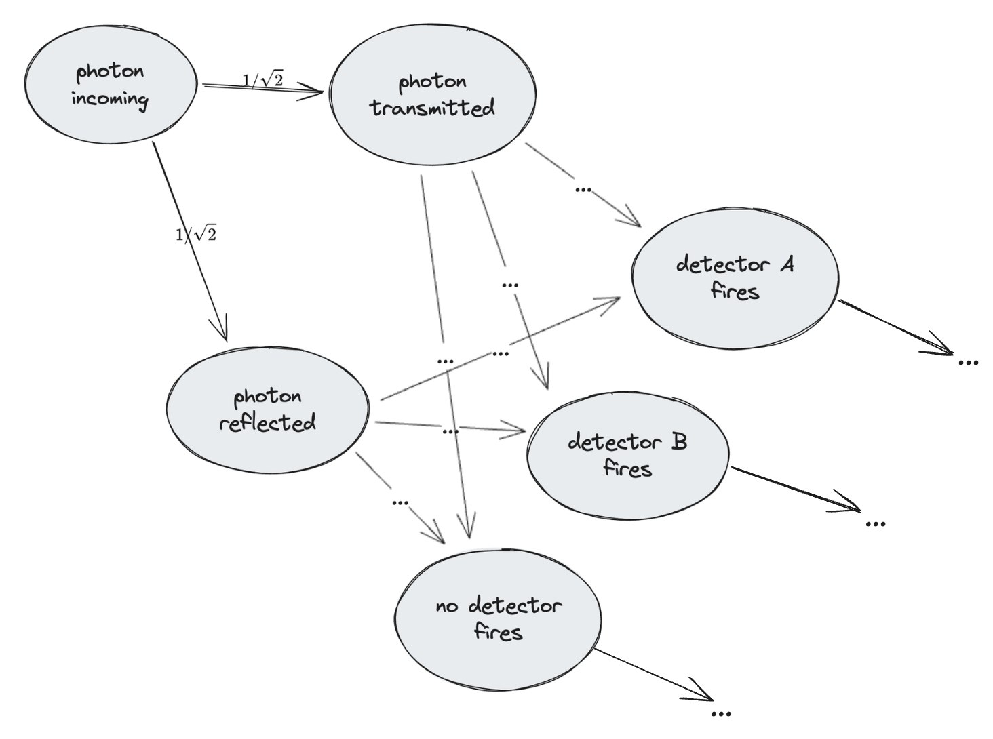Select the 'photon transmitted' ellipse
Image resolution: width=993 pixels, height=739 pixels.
click(432, 95)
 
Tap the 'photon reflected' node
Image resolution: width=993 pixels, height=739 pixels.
click(267, 410)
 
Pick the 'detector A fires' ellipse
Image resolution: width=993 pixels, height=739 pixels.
click(735, 278)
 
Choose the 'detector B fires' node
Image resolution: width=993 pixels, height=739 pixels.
click(627, 454)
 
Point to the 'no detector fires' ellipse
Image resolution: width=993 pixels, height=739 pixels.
click(498, 619)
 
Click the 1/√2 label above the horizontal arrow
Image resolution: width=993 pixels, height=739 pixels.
click(263, 80)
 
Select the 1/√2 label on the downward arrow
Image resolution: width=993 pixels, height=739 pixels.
click(196, 235)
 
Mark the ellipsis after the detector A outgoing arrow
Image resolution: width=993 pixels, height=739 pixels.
click(968, 363)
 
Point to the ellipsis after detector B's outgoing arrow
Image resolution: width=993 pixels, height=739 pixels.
click(876, 523)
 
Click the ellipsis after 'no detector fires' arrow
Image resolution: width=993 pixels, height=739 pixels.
click(721, 713)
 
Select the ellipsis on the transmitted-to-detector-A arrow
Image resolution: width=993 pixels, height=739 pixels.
click(583, 190)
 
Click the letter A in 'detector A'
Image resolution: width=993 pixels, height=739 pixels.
click(786, 264)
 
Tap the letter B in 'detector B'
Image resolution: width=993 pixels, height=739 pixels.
click(679, 442)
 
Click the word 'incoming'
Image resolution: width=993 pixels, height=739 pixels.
click(109, 99)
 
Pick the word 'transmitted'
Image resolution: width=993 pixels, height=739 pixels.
click(432, 108)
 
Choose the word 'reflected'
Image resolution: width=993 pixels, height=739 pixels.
click(267, 423)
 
